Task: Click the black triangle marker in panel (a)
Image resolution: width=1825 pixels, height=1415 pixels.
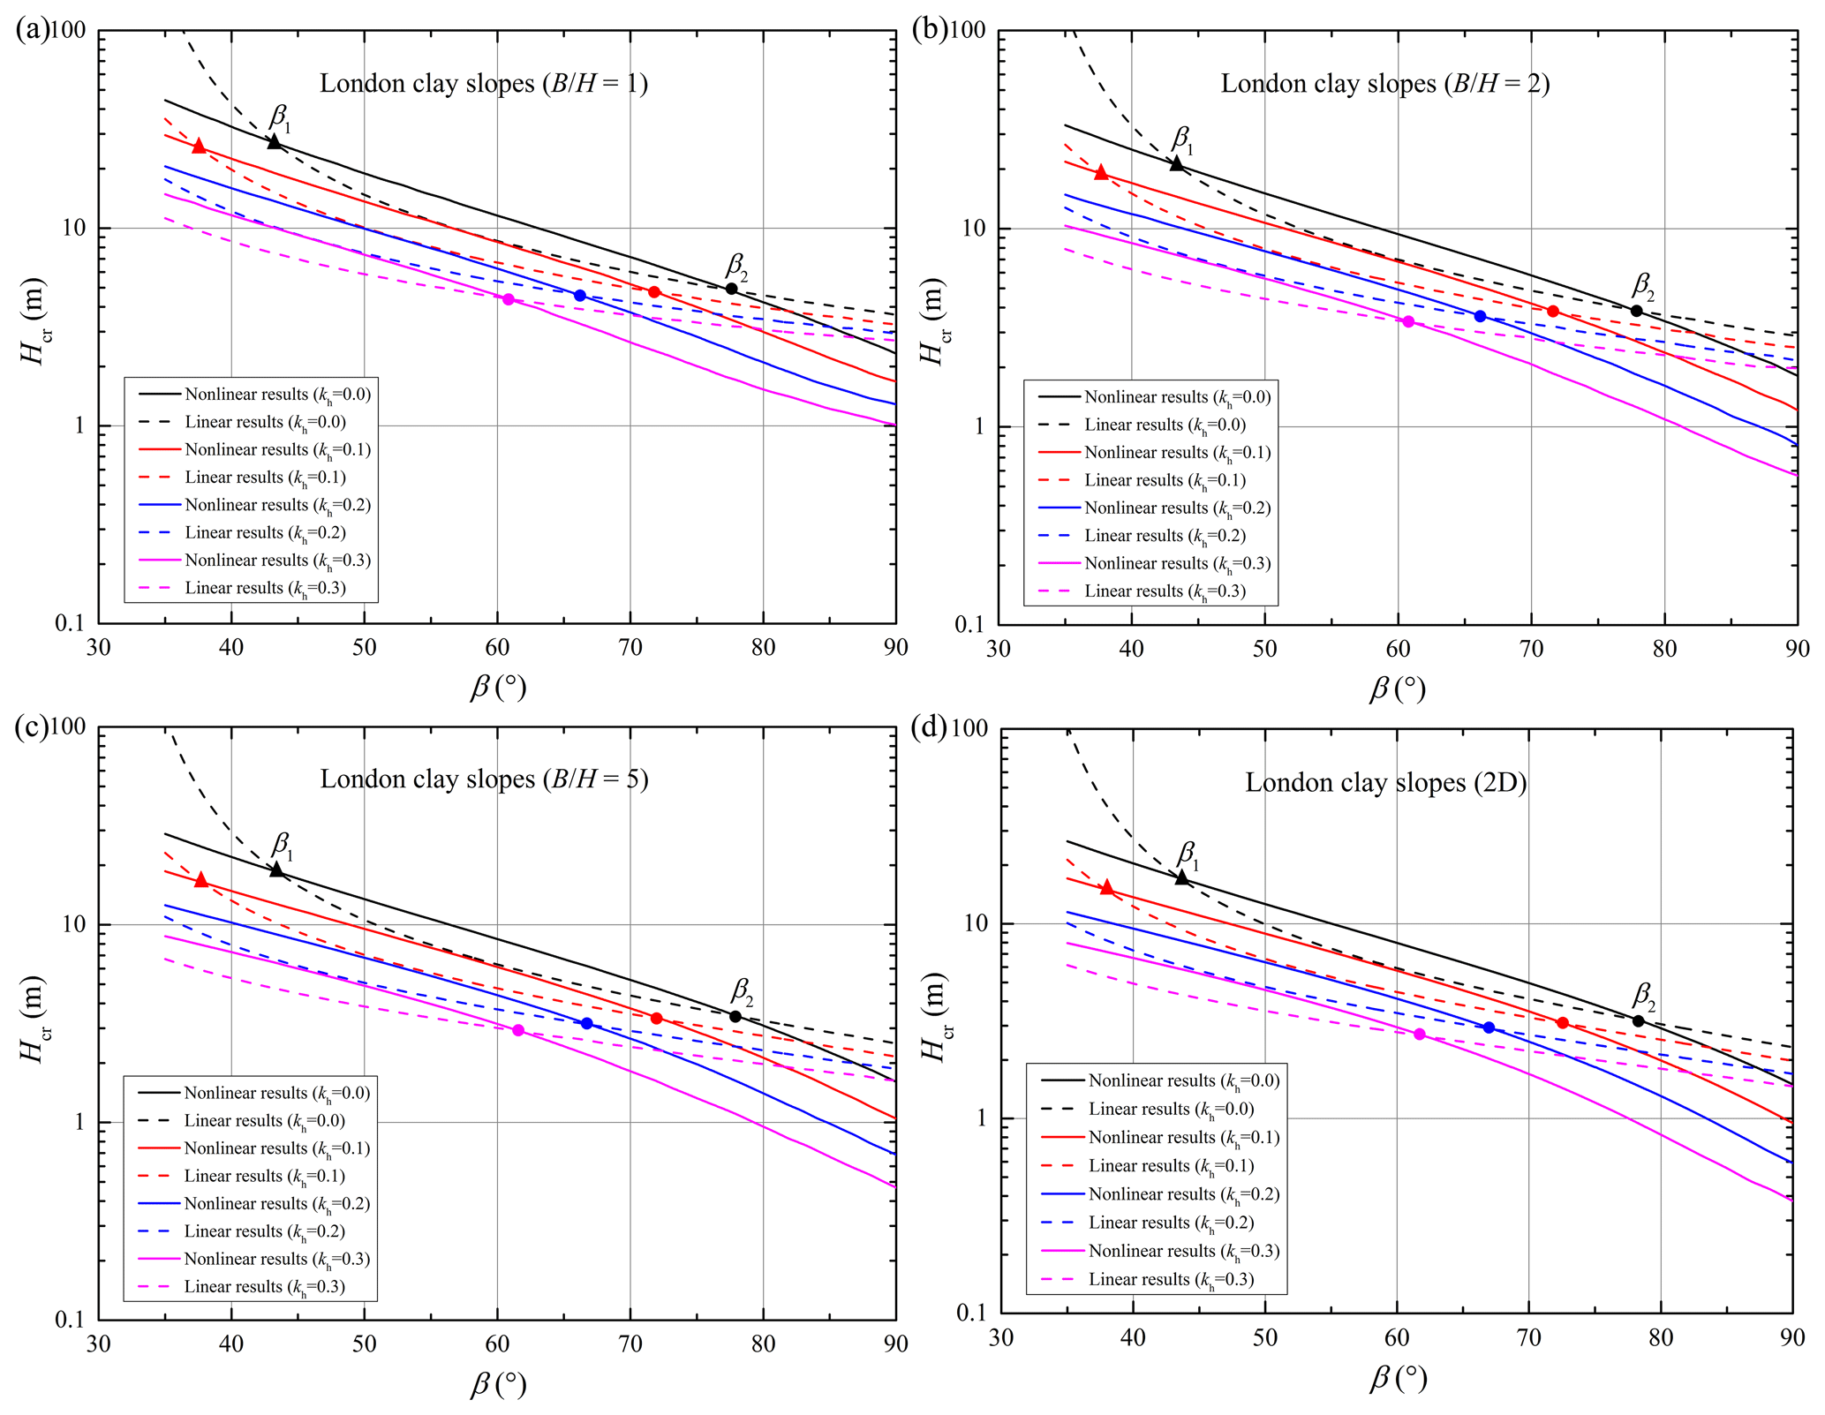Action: (x=275, y=141)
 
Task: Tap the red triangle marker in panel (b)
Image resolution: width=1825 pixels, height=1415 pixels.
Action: (x=1101, y=172)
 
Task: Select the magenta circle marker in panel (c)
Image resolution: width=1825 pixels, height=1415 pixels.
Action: (x=518, y=1030)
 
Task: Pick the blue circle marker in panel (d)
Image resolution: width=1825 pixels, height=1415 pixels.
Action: (x=1489, y=1027)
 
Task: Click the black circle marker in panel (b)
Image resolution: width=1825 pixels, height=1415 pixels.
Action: (x=1636, y=311)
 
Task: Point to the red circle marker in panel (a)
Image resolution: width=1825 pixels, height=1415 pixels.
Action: (x=654, y=292)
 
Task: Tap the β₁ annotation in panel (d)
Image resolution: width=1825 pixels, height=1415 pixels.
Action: (x=1188, y=854)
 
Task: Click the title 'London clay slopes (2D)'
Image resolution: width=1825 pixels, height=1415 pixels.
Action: (x=1385, y=783)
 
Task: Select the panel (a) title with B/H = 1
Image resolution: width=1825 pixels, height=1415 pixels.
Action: (x=484, y=84)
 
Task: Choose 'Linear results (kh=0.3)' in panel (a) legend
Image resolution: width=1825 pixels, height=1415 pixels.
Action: (x=265, y=588)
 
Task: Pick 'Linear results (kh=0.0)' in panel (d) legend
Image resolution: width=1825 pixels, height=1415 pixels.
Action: (x=1171, y=1109)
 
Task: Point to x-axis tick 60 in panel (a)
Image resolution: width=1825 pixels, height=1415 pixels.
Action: (x=497, y=648)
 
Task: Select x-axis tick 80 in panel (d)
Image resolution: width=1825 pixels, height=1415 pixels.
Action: (x=1661, y=1338)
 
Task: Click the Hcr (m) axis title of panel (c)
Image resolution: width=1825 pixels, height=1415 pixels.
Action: (x=34, y=1020)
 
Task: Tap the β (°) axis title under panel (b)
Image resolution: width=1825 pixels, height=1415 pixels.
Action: (x=1398, y=689)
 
